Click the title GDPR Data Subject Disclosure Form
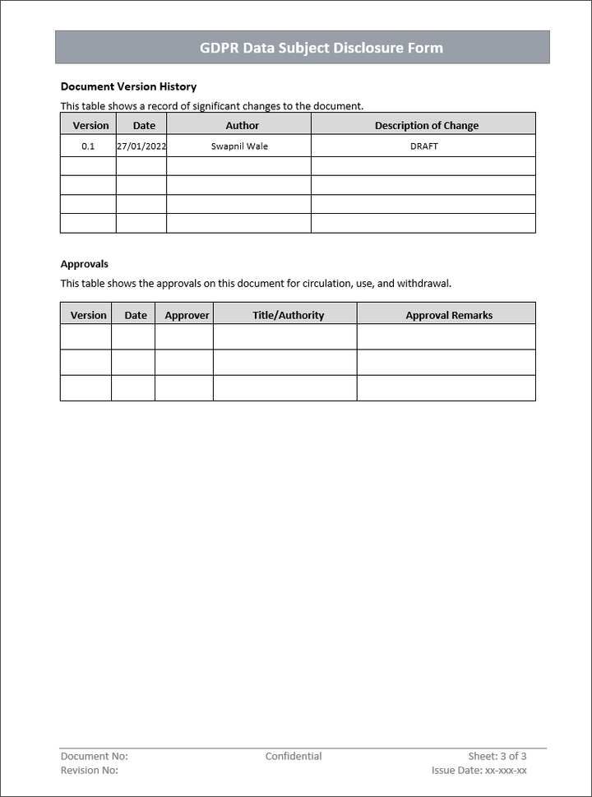321,48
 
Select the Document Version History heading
128,86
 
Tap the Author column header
242,126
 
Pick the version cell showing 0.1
88,146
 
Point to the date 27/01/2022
141,146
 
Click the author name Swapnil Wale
239,146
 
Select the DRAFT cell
423,146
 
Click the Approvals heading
85,264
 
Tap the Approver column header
187,315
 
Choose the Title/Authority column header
288,315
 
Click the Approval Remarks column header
449,315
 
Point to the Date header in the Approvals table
136,315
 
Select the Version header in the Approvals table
88,315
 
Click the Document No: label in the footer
94,757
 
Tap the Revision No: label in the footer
89,771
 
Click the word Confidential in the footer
294,757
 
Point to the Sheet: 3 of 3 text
497,757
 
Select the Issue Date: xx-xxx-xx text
479,771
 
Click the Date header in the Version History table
144,126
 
